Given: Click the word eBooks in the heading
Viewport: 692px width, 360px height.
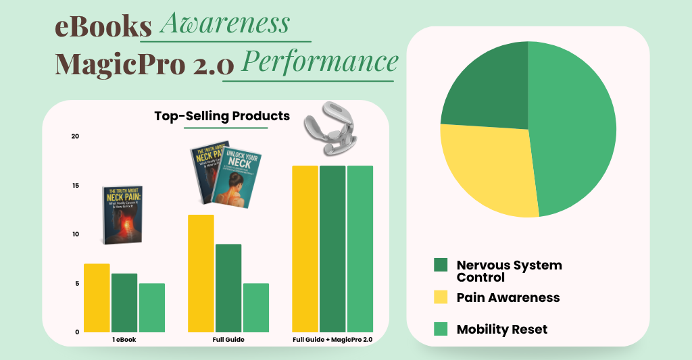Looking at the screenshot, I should click(103, 26).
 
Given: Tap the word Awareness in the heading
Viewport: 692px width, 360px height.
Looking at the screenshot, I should click(224, 24).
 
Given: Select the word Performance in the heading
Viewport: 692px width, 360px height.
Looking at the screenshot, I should click(319, 62).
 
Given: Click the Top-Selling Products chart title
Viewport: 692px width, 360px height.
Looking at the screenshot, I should click(222, 116).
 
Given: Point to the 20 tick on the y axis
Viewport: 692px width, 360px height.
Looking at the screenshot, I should click(75, 136).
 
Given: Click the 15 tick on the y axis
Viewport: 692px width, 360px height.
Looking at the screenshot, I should click(75, 186).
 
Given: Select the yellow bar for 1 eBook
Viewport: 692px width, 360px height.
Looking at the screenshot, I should click(97, 298).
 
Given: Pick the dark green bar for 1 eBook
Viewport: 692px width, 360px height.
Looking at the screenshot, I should click(124, 303).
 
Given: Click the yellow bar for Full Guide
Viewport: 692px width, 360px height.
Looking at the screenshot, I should click(201, 274).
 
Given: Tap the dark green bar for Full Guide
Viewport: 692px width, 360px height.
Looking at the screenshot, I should click(228, 288).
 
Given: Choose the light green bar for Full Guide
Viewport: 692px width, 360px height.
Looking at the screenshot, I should click(256, 307).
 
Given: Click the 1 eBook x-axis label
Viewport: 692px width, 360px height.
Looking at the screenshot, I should click(124, 340).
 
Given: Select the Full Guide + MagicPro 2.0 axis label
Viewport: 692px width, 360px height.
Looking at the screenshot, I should click(332, 340).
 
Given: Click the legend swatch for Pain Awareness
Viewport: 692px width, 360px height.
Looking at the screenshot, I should click(441, 297).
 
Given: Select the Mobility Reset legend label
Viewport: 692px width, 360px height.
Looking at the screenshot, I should click(501, 330).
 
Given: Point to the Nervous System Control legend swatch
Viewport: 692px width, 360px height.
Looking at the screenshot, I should click(441, 265).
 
